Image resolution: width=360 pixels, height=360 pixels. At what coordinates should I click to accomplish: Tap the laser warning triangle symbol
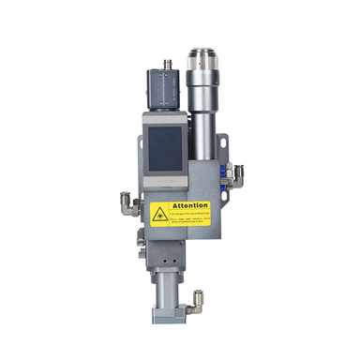160,215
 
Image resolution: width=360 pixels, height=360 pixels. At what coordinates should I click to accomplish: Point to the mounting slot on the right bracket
224,144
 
